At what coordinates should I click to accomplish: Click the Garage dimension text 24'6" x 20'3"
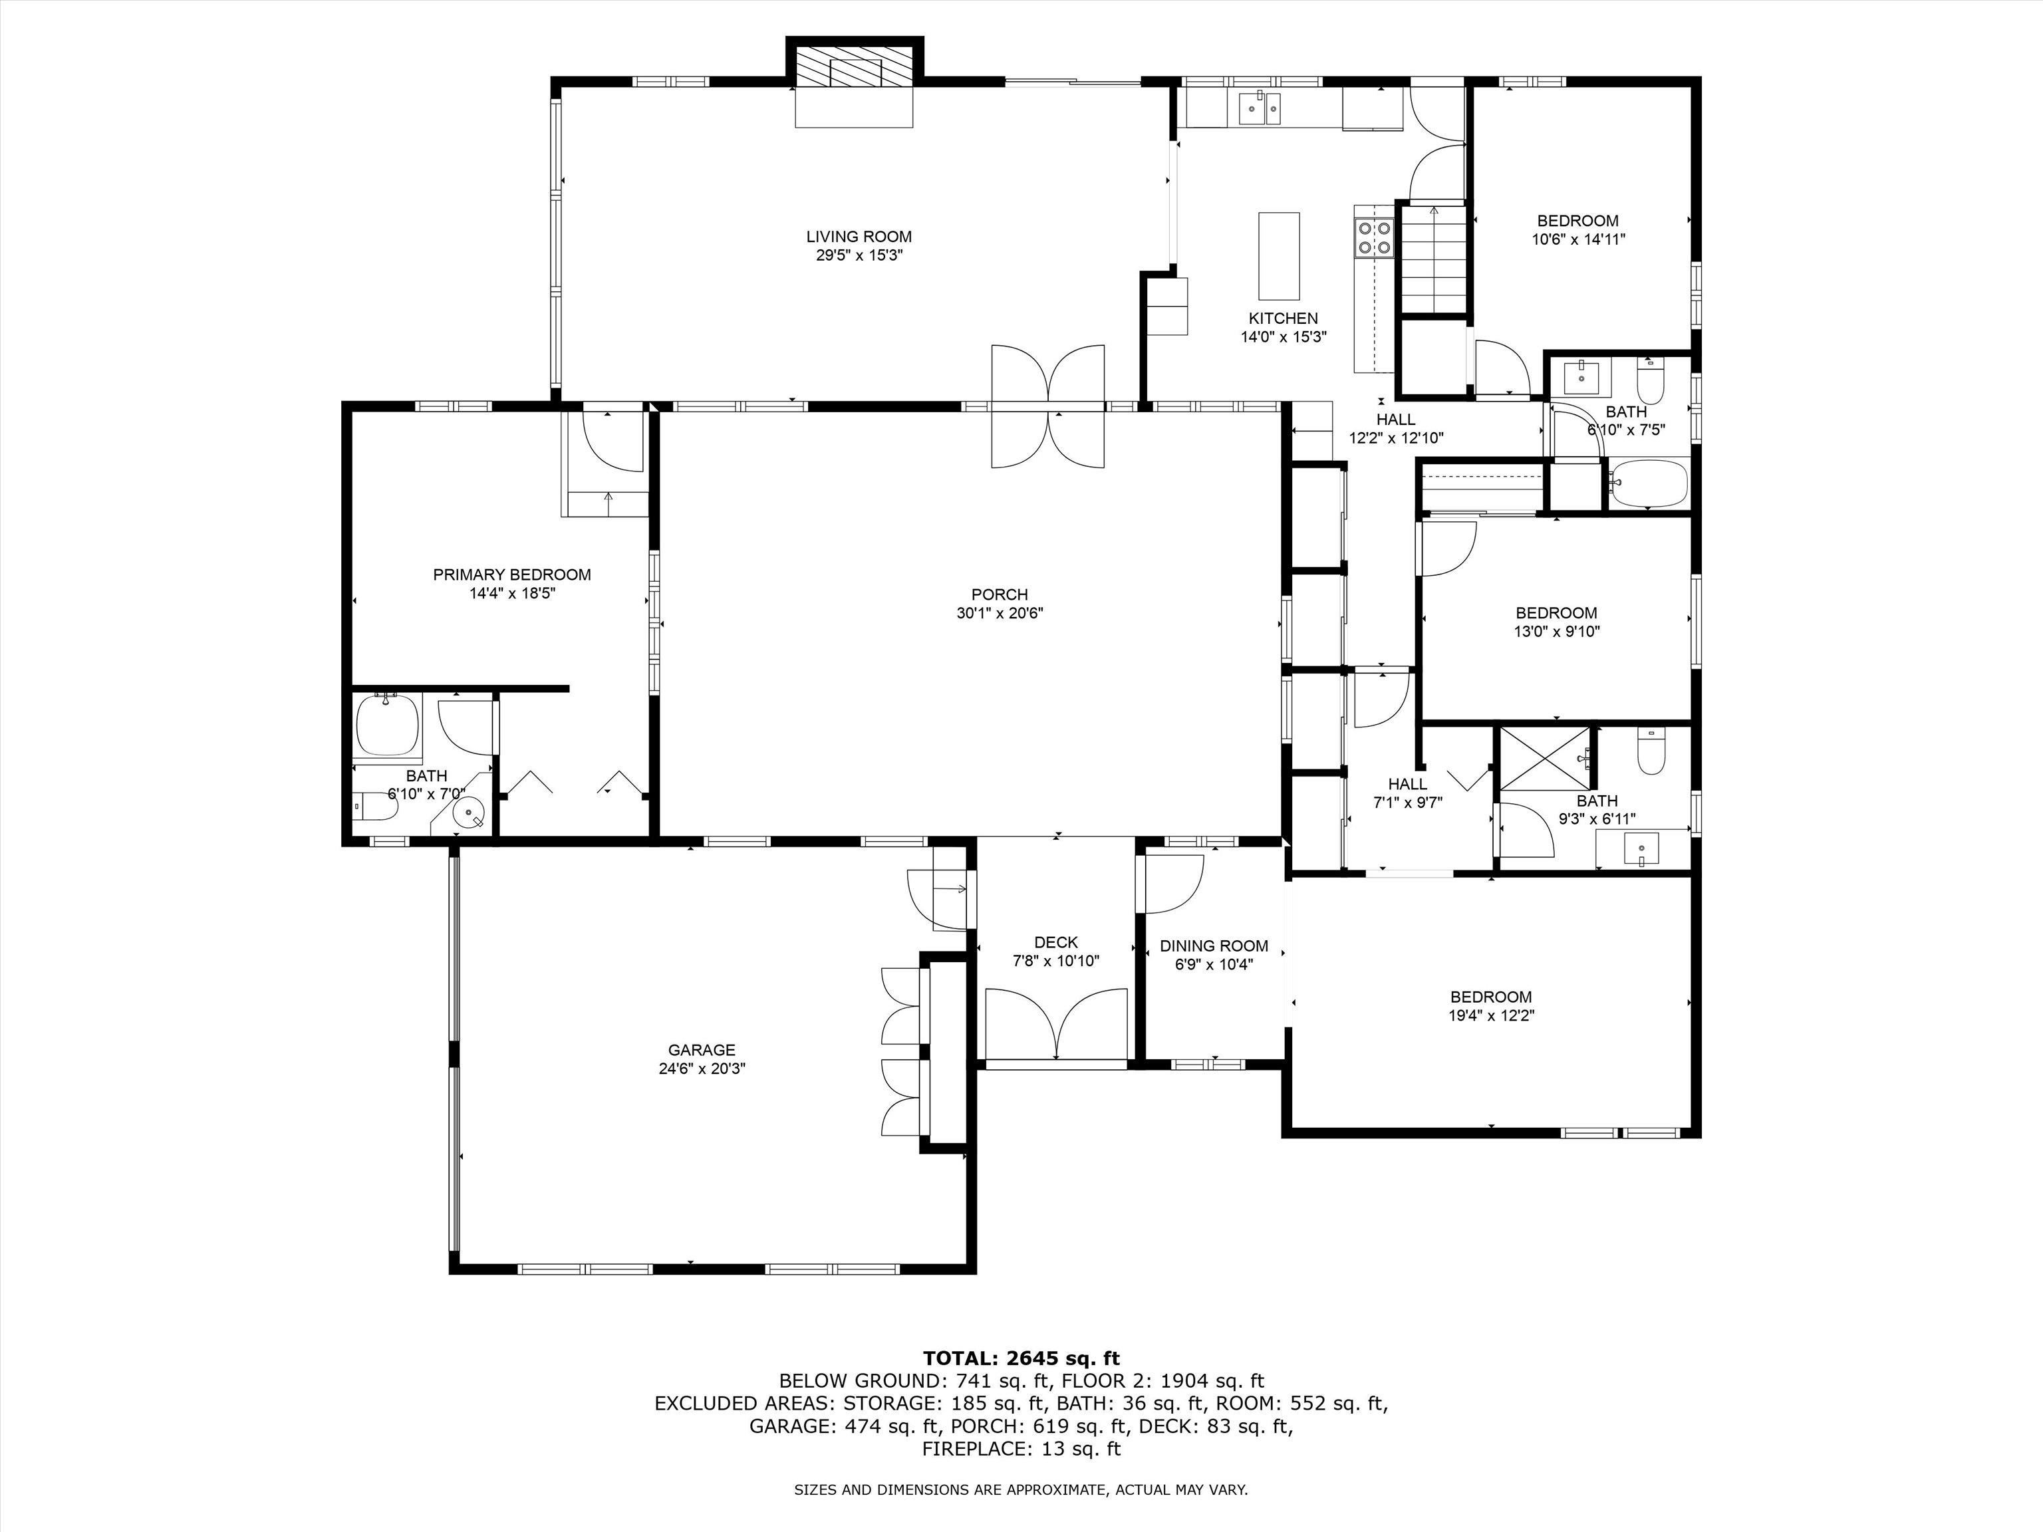701,1069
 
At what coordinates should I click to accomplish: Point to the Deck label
1055,942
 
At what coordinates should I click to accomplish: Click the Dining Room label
1214,946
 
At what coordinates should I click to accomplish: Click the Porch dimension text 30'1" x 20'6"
1000,613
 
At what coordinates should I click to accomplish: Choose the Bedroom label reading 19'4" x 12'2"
1491,1005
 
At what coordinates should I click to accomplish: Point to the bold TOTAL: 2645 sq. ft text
1021,1358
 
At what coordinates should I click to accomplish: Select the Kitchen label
1283,319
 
